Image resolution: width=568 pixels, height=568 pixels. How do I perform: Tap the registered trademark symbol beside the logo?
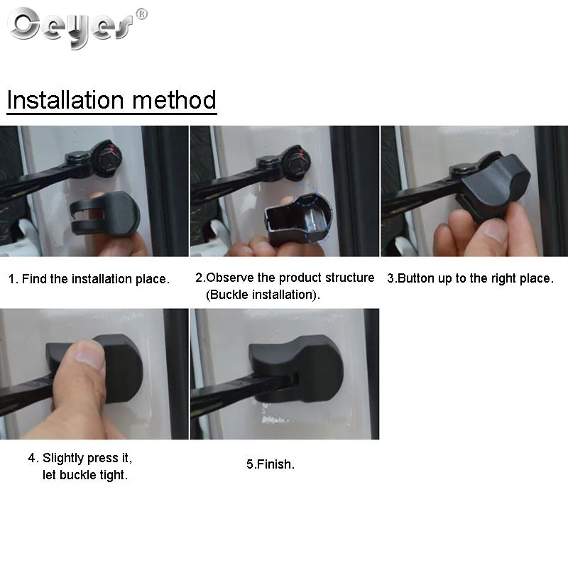[x=141, y=13]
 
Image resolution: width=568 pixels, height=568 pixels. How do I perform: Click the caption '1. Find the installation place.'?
[x=89, y=279]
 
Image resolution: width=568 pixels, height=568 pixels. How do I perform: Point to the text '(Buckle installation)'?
[x=262, y=295]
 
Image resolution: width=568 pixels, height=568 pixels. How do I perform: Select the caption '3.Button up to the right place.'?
[x=469, y=278]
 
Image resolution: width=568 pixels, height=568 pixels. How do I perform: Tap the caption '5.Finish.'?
[x=270, y=464]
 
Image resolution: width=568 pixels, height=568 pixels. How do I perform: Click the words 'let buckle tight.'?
[x=85, y=475]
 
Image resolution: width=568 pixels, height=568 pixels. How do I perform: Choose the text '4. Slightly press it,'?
[x=80, y=457]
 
